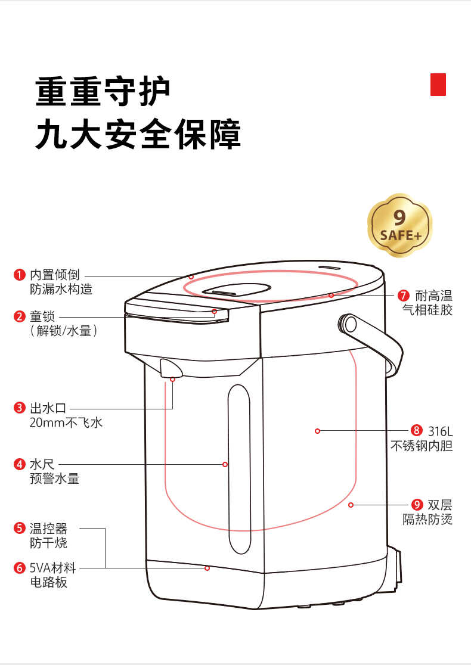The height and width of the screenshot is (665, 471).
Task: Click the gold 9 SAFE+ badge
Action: coord(399,225)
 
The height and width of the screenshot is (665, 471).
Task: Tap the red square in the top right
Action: coord(438,84)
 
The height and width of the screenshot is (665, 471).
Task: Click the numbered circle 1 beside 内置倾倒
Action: coord(19,275)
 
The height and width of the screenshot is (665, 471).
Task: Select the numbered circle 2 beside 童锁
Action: coord(19,316)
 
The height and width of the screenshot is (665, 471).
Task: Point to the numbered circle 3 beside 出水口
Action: coord(19,408)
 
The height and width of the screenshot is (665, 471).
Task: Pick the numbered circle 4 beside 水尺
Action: coord(19,464)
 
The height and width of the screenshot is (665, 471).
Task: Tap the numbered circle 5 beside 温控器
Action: coord(19,528)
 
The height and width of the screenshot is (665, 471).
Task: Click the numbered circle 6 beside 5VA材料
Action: coord(19,568)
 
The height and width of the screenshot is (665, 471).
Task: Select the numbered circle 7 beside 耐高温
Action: coord(404,296)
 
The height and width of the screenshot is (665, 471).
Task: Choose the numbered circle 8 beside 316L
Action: coord(416,430)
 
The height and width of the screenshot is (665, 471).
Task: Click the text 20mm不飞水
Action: coord(66,423)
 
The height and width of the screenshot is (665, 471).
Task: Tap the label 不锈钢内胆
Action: coord(422,446)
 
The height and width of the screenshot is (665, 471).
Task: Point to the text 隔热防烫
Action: coord(427,520)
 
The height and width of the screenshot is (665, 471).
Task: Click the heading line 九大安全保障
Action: coord(138,135)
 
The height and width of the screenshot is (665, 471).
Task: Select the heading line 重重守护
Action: coord(103,91)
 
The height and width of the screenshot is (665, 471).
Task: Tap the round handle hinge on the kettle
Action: coord(348,324)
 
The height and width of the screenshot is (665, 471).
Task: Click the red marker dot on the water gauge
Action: coord(225,464)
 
